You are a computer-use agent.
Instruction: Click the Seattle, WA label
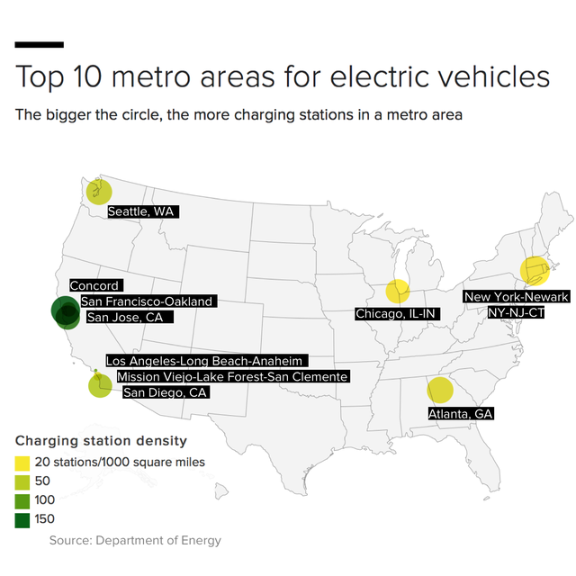click(142, 211)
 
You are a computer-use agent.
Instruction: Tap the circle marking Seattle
click(99, 191)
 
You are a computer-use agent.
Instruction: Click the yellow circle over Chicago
click(398, 291)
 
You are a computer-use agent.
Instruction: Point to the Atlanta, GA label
click(460, 413)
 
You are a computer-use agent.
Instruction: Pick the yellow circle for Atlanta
click(439, 390)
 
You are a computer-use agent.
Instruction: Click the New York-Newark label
click(516, 297)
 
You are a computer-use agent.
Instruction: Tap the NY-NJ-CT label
click(516, 311)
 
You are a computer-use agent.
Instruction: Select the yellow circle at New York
click(534, 270)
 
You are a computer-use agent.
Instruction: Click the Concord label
click(94, 285)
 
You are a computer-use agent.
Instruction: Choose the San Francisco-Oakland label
click(147, 301)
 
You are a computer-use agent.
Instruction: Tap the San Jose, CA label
click(129, 316)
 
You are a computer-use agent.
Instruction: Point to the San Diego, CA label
click(166, 391)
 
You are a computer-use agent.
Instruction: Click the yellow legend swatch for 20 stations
click(22, 462)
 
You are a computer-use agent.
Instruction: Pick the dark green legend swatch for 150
click(22, 518)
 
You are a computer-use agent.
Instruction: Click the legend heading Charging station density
click(101, 441)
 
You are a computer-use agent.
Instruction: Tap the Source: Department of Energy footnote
click(134, 540)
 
